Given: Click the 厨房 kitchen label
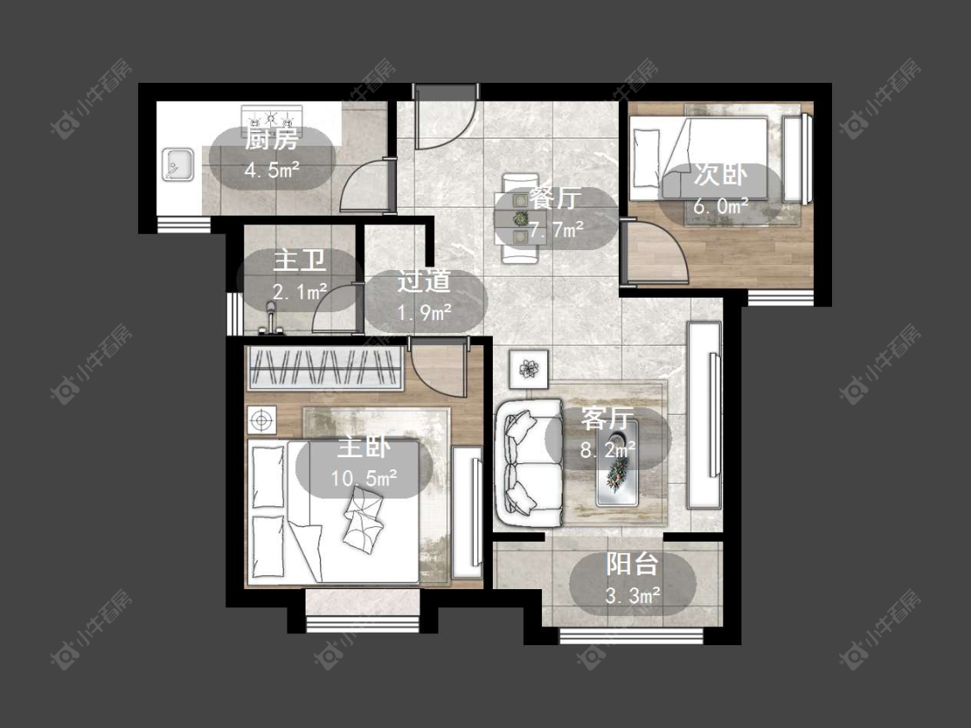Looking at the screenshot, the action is [271, 140].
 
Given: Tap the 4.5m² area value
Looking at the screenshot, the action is [272, 170].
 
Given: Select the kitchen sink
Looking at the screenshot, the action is [178, 165].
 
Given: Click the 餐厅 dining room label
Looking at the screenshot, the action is [555, 199].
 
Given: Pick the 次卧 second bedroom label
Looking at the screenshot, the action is [720, 175].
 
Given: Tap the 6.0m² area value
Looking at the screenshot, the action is [720, 205].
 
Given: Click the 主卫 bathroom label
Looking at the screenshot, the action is [299, 260].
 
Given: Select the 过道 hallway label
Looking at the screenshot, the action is [424, 282].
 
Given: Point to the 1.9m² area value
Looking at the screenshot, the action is [424, 312].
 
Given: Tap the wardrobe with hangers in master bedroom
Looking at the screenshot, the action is [325, 369].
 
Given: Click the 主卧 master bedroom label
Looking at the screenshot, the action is [364, 447].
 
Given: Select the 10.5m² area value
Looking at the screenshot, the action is [364, 478].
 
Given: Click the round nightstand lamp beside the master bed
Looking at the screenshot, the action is [262, 421].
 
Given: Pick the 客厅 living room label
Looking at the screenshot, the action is [608, 419].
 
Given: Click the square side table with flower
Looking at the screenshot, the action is [529, 369].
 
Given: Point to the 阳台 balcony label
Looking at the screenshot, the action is [633, 565].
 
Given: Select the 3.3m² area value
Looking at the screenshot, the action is [633, 595].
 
